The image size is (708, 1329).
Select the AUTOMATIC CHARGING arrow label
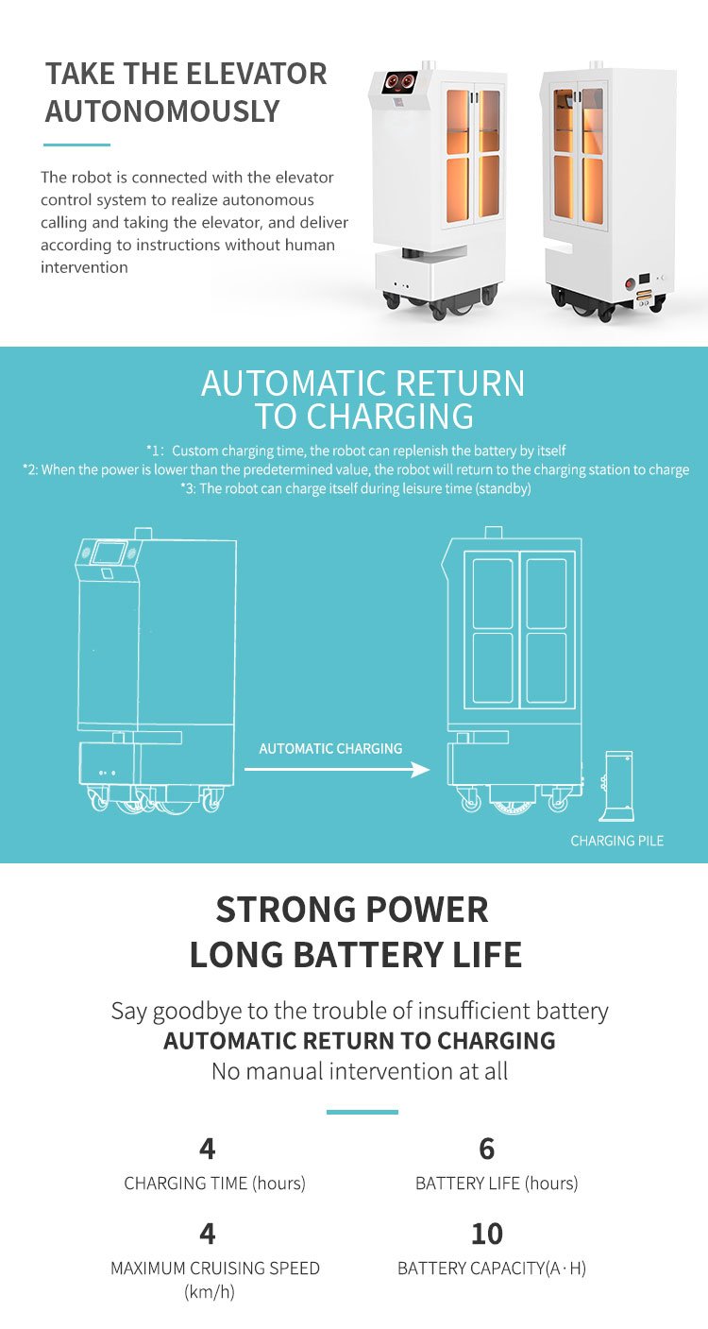coord(330,749)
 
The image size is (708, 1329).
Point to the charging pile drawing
coord(618,786)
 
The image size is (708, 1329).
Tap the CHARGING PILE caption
coord(616,841)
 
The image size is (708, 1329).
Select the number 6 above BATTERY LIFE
coord(487,1149)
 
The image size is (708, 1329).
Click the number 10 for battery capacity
coord(487,1234)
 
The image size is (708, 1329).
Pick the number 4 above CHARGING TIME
coord(208,1149)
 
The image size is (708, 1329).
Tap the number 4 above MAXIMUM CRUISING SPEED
coord(208,1234)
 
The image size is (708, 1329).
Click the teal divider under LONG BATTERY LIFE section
coord(362,1112)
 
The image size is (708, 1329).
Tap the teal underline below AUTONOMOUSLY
coord(76,145)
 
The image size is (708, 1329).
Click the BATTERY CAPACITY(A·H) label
coord(491,1269)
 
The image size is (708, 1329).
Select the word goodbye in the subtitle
coord(197,1011)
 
